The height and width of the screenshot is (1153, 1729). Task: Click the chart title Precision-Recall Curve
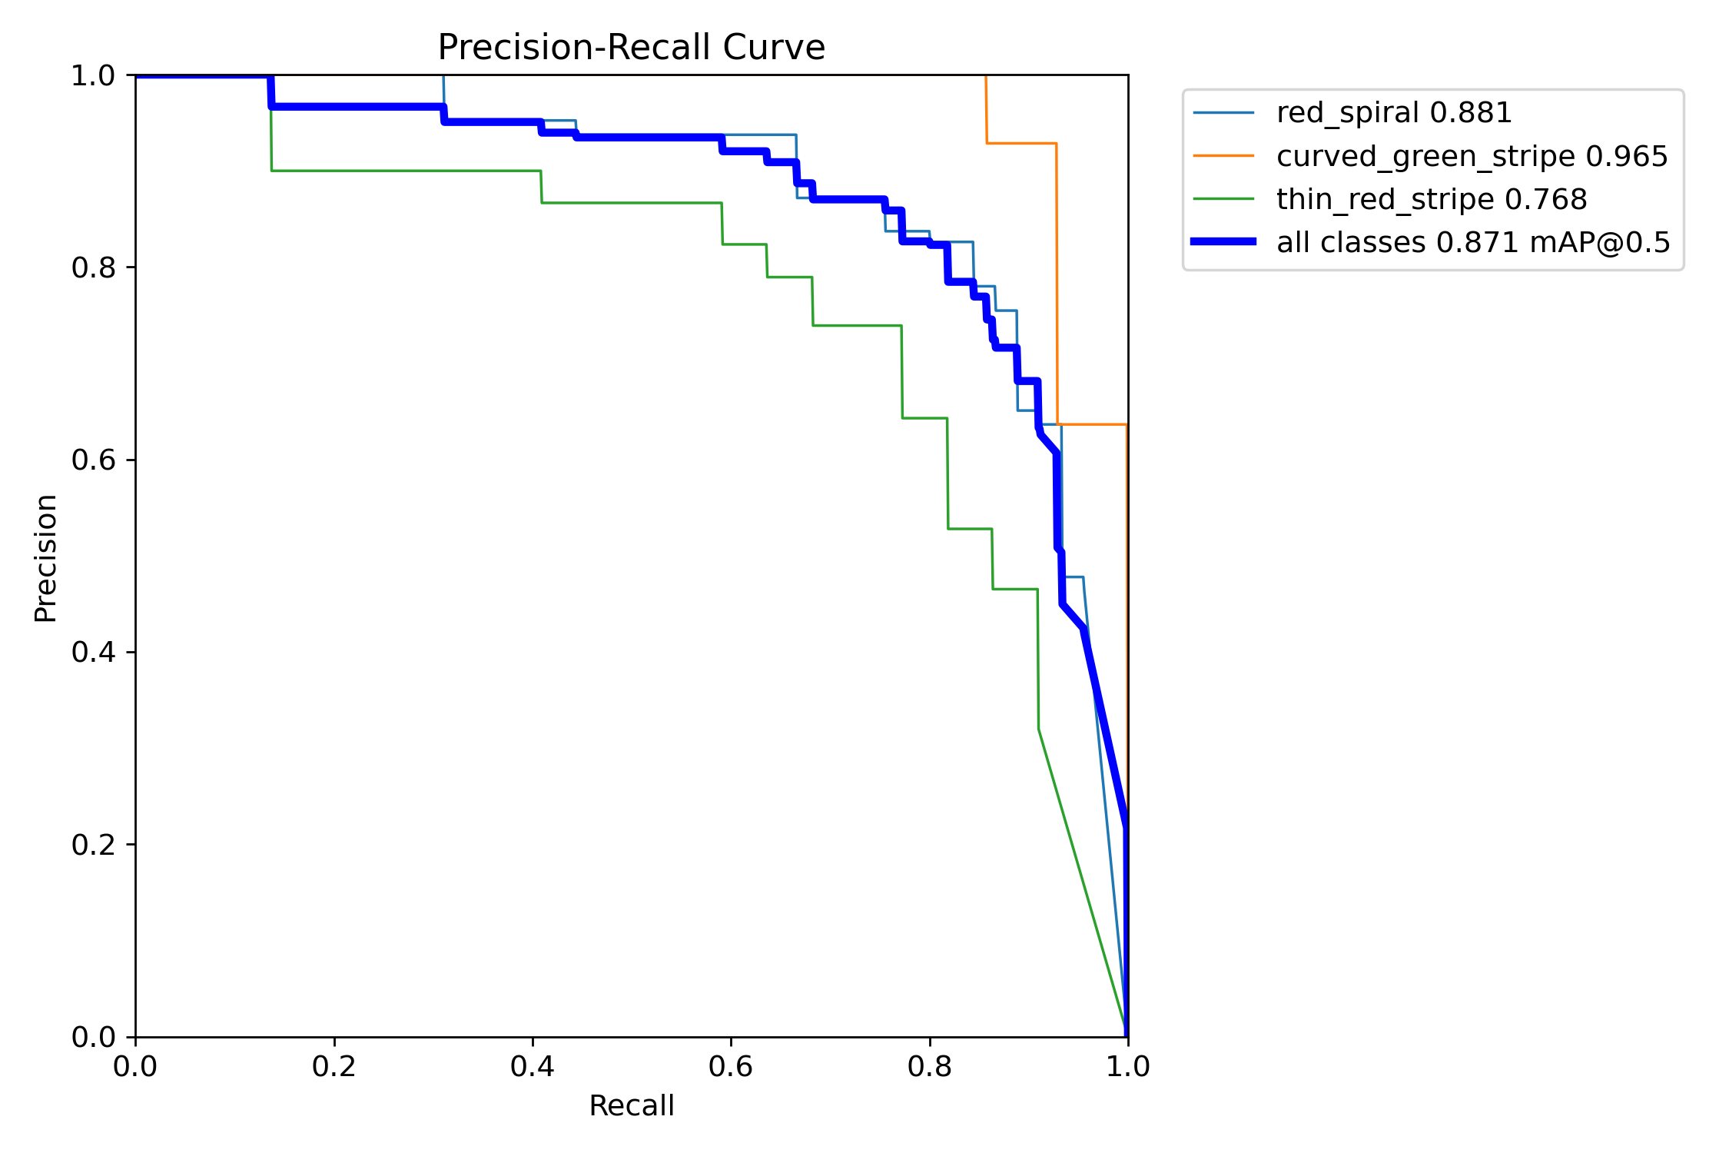coord(631,47)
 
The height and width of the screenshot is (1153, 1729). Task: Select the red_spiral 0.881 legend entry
coord(1393,113)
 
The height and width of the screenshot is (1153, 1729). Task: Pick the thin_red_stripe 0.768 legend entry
coord(1431,199)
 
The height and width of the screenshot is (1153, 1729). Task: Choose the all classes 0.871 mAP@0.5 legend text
coord(1473,242)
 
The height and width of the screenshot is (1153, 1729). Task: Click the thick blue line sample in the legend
coord(1223,241)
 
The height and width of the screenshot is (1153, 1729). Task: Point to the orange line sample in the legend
coord(1223,156)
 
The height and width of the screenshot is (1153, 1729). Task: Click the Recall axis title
coord(631,1105)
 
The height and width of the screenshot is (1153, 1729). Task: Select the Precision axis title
coord(45,558)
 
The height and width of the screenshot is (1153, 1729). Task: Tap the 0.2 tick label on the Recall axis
coord(334,1066)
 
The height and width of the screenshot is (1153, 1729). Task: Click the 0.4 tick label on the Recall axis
coord(532,1066)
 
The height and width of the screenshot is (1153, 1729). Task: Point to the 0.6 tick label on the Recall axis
coord(731,1066)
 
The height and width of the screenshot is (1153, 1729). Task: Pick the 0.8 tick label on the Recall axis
coord(929,1066)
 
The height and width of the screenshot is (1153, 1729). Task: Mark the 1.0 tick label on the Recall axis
coord(1127,1066)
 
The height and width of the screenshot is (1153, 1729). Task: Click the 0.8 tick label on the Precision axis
coord(93,267)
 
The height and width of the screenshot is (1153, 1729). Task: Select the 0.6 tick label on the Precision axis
coord(93,460)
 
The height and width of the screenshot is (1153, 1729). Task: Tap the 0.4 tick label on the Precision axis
coord(93,652)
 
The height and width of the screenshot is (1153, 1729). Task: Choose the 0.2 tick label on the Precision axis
coord(93,844)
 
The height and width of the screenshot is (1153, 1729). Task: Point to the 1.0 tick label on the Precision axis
coord(93,75)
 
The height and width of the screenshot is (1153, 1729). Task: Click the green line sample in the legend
coord(1223,199)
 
